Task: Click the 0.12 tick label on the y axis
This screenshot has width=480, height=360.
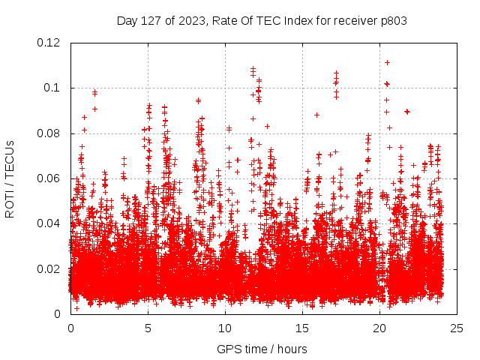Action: click(50, 43)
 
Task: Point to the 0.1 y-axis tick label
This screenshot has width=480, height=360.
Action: click(54, 88)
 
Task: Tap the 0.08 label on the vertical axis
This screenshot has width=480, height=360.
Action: click(50, 133)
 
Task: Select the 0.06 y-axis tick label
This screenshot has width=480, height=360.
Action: click(50, 178)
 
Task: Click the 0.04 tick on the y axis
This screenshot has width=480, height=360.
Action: click(50, 223)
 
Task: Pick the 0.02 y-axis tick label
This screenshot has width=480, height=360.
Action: click(50, 268)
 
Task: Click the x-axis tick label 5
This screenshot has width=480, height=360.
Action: click(148, 328)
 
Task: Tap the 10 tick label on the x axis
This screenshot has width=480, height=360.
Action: click(225, 328)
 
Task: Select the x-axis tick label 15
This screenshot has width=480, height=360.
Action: click(302, 328)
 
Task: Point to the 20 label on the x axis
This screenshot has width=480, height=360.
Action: click(379, 328)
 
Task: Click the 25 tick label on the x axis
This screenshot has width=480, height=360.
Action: click(457, 328)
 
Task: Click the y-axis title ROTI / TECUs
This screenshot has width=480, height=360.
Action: click(10, 178)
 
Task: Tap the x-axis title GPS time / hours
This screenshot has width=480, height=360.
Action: click(262, 349)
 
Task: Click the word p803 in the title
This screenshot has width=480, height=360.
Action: click(393, 21)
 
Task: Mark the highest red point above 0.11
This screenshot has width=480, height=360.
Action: click(387, 62)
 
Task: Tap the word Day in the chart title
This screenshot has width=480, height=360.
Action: click(127, 21)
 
